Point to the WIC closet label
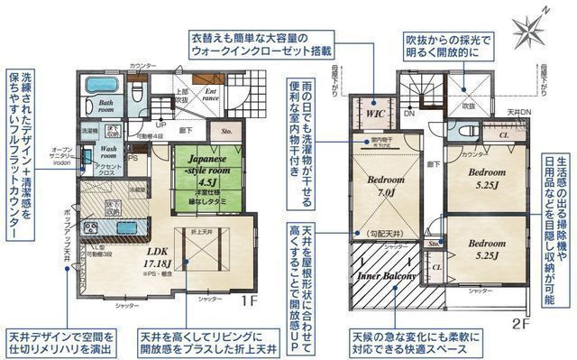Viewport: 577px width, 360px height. [x=375, y=115]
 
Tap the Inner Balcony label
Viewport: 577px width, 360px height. [x=387, y=276]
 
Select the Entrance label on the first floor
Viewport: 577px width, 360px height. [x=209, y=94]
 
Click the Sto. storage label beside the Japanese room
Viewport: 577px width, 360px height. [x=226, y=129]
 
